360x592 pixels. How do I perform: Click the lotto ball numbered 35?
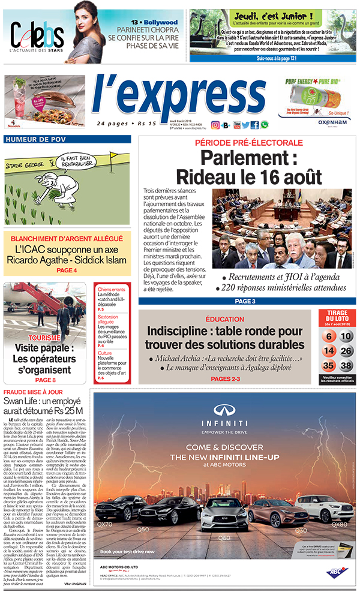(328, 366)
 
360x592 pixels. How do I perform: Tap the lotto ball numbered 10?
(347, 336)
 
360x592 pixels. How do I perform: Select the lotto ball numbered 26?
(347, 351)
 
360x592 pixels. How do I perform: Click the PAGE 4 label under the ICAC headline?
(67, 271)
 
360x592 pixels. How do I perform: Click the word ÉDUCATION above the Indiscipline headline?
(224, 319)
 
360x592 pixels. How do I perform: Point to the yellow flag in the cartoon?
(113, 156)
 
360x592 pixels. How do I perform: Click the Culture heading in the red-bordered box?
(105, 354)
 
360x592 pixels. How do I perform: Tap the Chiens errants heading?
(111, 290)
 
